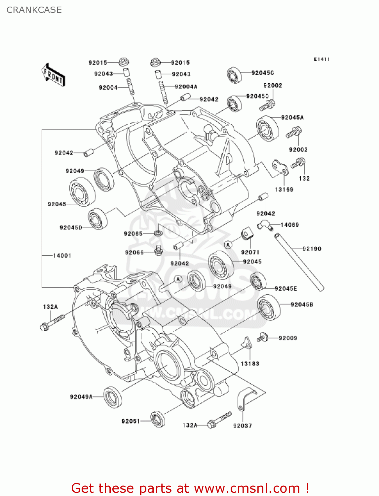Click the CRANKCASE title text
[x=34, y=10]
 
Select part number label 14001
[x=62, y=255]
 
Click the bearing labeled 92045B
[x=269, y=308]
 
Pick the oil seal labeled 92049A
[x=113, y=397]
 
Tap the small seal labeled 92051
[x=158, y=419]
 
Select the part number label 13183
[x=250, y=364]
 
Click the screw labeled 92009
[x=262, y=337]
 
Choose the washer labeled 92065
[x=158, y=233]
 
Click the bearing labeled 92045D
[x=97, y=219]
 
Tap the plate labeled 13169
[x=280, y=167]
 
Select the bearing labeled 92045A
[x=267, y=129]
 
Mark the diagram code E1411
[x=322, y=59]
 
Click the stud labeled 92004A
[x=163, y=93]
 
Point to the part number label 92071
[x=250, y=252]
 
